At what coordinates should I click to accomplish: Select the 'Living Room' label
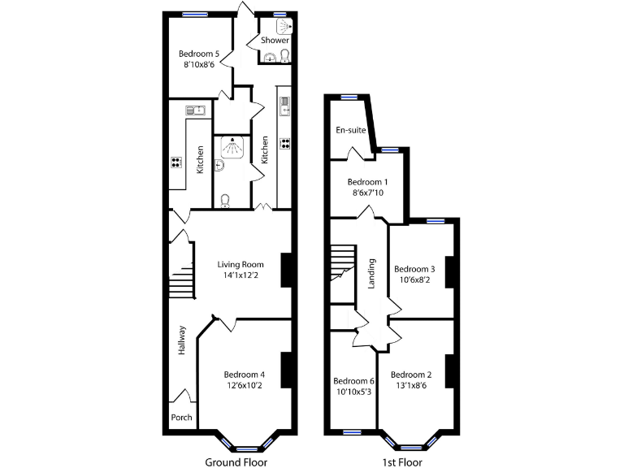click(240, 264)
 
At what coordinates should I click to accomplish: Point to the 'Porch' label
click(182, 418)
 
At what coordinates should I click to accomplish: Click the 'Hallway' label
click(182, 340)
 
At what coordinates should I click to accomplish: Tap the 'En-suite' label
click(350, 130)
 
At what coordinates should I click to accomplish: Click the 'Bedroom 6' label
click(353, 381)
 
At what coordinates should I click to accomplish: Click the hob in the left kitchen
click(176, 162)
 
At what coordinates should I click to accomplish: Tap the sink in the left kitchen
click(196, 110)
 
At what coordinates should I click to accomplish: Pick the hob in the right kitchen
click(285, 144)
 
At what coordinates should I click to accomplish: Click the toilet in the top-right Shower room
click(284, 56)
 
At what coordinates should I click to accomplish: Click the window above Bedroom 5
click(194, 14)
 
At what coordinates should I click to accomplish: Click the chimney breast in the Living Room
click(286, 271)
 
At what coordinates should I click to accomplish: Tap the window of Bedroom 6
click(351, 432)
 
